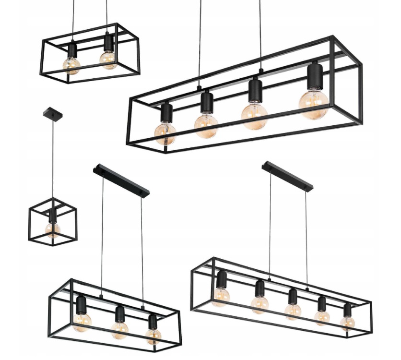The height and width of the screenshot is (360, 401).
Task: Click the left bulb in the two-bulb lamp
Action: (71, 64)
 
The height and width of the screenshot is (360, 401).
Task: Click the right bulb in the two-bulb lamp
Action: (108, 59)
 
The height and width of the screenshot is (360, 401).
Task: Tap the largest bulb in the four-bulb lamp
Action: (314, 104)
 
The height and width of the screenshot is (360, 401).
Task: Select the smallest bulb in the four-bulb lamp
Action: (165, 132)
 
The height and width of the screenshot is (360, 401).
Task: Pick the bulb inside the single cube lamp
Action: (52, 229)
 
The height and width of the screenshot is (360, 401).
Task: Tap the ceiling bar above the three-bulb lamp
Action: (121, 180)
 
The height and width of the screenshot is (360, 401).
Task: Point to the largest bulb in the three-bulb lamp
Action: (82, 321)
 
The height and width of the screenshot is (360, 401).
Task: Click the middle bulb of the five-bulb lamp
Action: (293, 312)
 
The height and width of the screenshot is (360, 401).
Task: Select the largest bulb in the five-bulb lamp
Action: (220, 297)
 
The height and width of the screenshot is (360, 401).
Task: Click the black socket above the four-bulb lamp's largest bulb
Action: (315, 75)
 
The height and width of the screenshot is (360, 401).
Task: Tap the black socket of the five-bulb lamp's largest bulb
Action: (221, 279)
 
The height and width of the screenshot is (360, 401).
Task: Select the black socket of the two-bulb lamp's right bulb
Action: (109, 42)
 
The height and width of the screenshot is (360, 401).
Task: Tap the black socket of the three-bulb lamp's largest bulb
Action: (81, 304)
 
